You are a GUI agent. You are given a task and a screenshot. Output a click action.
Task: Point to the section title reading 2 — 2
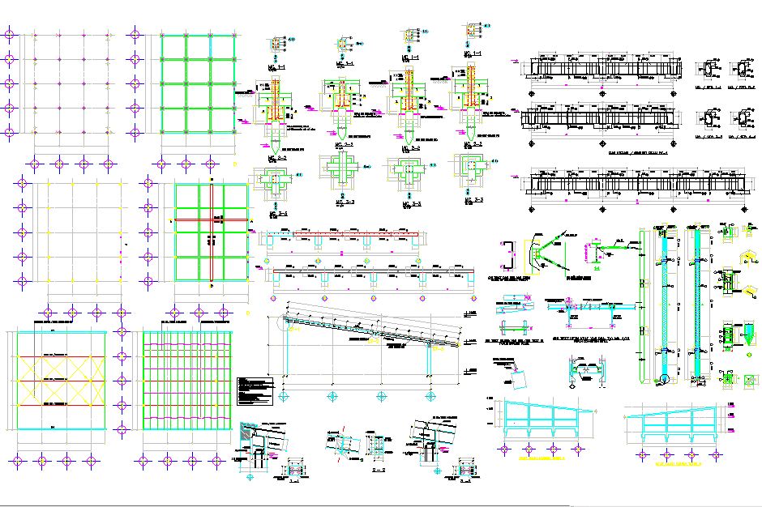coord(377,469)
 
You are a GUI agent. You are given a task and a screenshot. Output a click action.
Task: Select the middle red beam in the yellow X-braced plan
coord(57,380)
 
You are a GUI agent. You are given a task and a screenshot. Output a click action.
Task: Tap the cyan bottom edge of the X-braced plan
coord(57,428)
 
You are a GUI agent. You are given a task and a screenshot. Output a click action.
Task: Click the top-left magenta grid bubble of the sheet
coord(10,35)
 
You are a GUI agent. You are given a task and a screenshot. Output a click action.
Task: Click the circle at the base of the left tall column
coord(662,378)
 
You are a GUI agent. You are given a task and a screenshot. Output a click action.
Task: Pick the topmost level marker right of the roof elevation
coord(471,313)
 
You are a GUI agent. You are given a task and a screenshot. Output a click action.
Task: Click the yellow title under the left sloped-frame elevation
coord(539,458)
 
